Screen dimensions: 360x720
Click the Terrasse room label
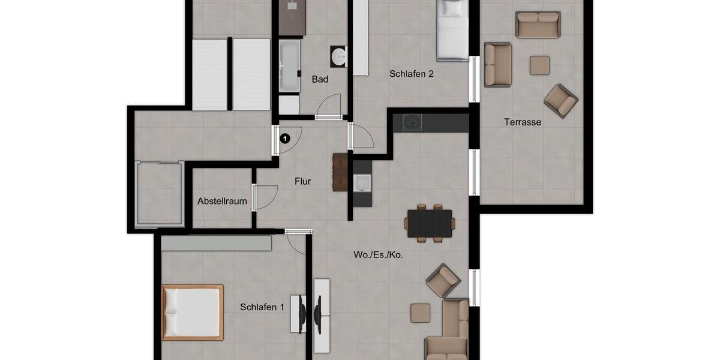point(523,122)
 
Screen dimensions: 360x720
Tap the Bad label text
point(320,79)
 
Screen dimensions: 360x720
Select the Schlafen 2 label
point(411,74)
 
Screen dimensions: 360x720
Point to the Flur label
point(302,181)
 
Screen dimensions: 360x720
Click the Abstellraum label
point(222,201)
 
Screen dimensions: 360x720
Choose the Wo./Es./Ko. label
point(378,254)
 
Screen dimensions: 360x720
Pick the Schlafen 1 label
point(262,307)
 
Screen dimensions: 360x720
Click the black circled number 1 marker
point(285,138)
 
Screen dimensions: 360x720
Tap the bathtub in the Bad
point(290,65)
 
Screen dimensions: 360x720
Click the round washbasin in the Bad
point(339,57)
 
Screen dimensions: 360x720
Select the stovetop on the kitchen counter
point(412,122)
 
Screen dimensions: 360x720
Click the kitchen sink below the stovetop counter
point(362,183)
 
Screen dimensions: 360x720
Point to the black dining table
point(430,223)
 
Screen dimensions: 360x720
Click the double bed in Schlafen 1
point(192,312)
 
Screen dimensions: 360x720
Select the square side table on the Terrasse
point(539,65)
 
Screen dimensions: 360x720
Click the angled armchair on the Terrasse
point(561,100)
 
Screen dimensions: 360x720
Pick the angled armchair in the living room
point(443,280)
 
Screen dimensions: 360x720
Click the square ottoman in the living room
point(420,313)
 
